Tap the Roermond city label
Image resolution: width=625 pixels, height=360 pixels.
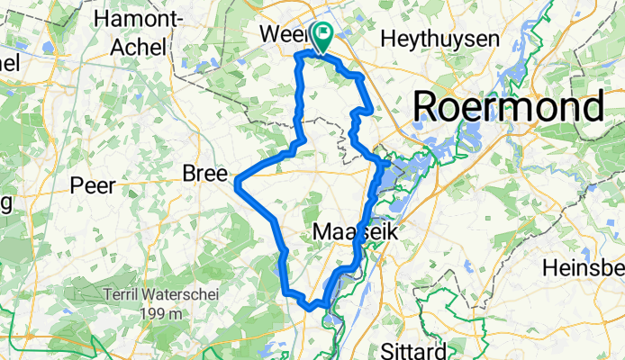[x=508, y=108]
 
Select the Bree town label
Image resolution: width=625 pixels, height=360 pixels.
[x=207, y=173]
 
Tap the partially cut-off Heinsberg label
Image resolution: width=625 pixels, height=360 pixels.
[x=586, y=268]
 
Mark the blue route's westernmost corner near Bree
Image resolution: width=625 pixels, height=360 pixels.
[x=237, y=184]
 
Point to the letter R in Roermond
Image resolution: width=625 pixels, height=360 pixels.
[x=428, y=108]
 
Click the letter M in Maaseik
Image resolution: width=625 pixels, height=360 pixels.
[x=322, y=232]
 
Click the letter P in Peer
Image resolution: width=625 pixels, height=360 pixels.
[x=77, y=186]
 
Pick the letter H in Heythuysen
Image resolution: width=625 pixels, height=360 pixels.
[x=388, y=38]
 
